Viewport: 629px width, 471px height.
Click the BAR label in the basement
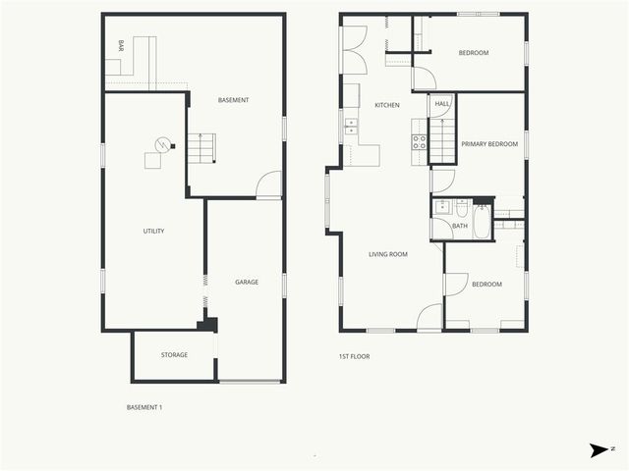(121, 46)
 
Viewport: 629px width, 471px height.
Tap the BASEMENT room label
(234, 100)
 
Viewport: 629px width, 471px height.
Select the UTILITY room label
(153, 232)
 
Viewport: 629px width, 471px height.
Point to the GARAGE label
(246, 282)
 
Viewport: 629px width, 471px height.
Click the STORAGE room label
(174, 354)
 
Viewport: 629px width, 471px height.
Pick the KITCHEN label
(386, 105)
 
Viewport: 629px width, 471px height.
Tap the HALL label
(441, 104)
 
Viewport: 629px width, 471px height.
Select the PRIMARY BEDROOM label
(490, 144)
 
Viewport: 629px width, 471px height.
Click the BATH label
(460, 227)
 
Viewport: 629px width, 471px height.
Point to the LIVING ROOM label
(387, 254)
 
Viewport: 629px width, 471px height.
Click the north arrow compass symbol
(599, 449)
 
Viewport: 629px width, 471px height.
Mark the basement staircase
(200, 149)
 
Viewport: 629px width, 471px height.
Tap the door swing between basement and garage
(268, 186)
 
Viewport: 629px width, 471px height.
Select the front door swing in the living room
(429, 317)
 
